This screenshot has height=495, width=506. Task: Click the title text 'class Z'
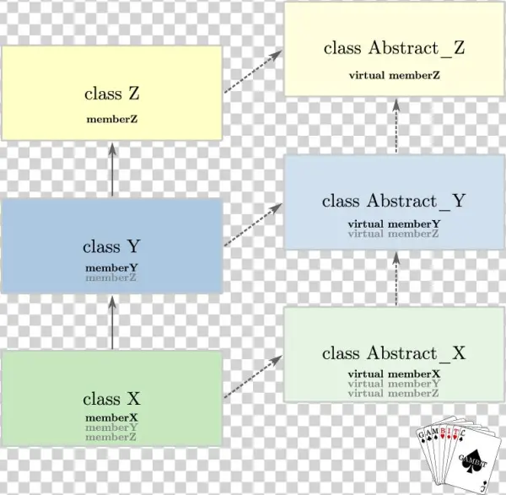(112, 94)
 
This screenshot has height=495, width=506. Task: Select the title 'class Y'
(111, 247)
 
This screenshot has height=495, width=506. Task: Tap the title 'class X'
(111, 399)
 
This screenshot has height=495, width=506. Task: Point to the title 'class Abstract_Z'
(394, 49)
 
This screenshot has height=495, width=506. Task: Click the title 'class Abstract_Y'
(394, 202)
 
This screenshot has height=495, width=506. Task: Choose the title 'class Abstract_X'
(394, 353)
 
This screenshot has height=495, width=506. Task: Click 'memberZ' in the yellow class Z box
(112, 119)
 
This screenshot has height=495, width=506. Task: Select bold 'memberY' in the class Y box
(111, 268)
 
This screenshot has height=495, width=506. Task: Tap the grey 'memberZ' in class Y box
(111, 277)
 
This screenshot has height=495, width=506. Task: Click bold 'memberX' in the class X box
(111, 417)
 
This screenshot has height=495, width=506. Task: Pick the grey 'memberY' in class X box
(111, 428)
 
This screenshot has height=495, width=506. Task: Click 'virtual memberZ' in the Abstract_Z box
(394, 75)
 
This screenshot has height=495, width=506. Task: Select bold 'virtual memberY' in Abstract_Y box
(394, 223)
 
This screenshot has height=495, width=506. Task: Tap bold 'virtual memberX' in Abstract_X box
(394, 374)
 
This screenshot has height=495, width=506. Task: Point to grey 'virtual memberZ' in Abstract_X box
(394, 393)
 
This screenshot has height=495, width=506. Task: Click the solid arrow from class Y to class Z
(111, 170)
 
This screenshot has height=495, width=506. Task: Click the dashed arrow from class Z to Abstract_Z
(253, 72)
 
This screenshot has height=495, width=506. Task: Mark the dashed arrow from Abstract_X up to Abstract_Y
(396, 279)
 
